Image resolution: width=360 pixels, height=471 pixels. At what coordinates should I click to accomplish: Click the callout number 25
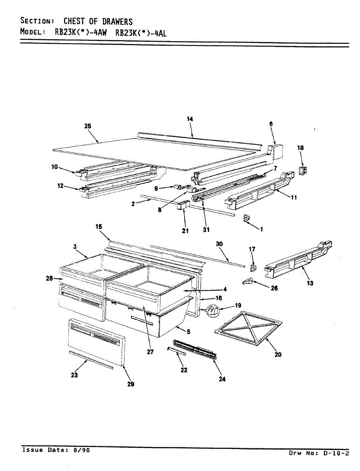click(88, 126)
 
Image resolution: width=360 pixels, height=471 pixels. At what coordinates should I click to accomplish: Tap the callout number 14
click(190, 119)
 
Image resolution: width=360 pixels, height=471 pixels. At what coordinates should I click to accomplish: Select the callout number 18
click(300, 148)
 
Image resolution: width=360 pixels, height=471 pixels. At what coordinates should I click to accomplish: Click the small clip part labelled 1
click(247, 218)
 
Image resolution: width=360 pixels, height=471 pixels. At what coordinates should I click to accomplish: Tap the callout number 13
click(310, 283)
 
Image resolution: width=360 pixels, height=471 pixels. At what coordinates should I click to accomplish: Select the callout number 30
click(219, 244)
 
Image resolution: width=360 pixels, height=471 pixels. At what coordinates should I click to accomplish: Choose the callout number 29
click(131, 384)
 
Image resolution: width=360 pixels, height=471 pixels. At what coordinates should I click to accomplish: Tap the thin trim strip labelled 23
click(91, 360)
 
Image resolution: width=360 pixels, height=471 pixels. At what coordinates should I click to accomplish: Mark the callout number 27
click(150, 352)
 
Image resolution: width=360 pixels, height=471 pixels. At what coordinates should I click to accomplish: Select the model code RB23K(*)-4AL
click(141, 33)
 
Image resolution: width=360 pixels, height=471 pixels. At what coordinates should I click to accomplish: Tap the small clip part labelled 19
click(212, 311)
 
